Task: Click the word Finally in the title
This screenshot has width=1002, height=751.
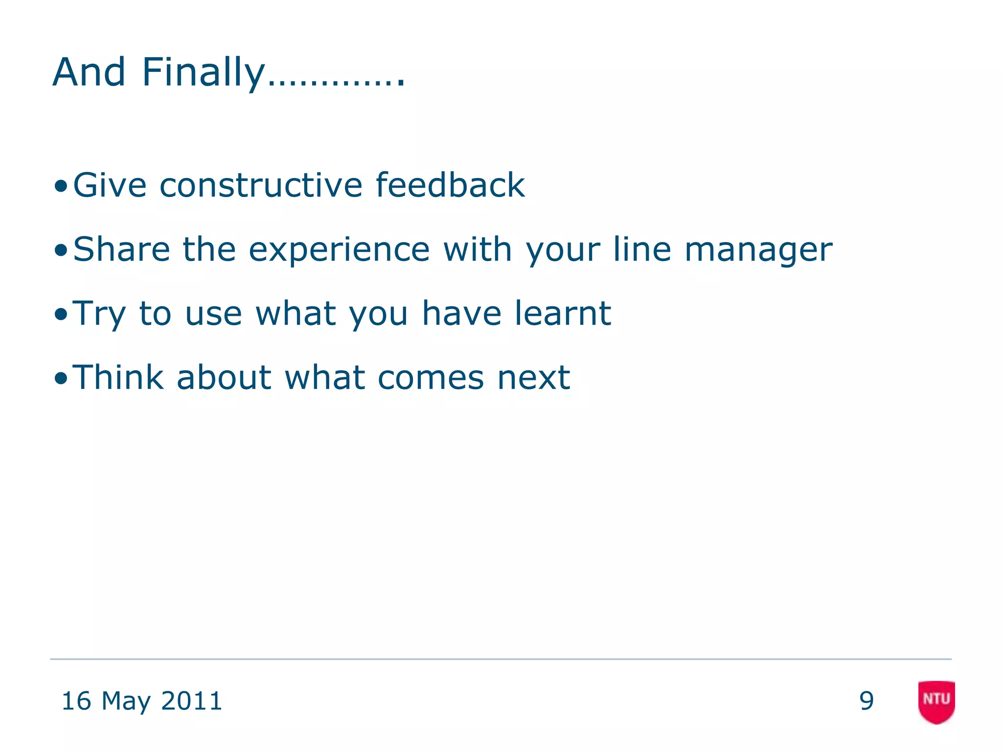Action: [x=203, y=73]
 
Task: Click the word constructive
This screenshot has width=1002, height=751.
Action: [x=261, y=185]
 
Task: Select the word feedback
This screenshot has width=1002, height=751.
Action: [x=450, y=185]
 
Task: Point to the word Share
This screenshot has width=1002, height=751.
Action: [x=121, y=249]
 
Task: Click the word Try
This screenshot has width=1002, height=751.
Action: [x=99, y=314]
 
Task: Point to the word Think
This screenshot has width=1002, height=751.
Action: [x=118, y=377]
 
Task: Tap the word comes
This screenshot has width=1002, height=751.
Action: [x=431, y=378]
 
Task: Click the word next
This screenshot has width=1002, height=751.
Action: [x=533, y=378]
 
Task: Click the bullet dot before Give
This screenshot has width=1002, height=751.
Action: [x=61, y=186]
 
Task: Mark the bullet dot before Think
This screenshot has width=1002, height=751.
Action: [x=61, y=378]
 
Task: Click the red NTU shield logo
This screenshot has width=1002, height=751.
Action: [x=936, y=701]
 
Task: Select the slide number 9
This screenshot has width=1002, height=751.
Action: [x=866, y=701]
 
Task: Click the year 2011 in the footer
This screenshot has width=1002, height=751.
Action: [x=191, y=701]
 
